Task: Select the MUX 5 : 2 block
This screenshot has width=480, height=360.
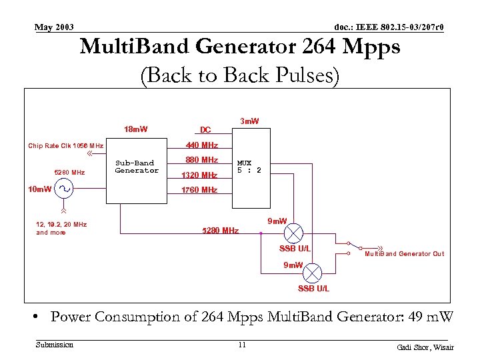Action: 249,167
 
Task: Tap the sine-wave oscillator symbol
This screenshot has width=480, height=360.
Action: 65,189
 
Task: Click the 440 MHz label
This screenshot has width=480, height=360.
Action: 202,145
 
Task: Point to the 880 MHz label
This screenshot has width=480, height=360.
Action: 202,160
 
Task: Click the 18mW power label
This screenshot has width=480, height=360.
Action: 136,129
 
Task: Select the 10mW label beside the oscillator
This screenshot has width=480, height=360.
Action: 39,189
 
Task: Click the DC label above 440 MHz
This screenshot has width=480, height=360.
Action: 205,129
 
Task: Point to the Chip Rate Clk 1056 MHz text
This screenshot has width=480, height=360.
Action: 65,145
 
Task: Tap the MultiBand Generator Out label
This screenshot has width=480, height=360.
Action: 404,254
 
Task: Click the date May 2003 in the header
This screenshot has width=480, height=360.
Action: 54,27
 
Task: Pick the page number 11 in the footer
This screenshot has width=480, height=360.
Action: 242,345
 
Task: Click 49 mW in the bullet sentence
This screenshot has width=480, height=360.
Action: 433,317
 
